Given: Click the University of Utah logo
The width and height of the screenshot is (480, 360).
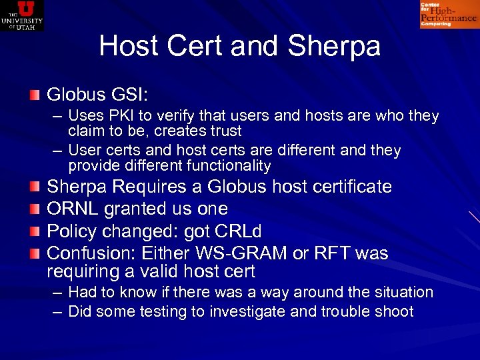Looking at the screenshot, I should coord(22,15).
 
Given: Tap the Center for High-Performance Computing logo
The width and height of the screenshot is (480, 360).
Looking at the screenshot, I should coord(449,14).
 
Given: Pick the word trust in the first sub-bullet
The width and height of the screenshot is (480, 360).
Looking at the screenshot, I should coord(223,131).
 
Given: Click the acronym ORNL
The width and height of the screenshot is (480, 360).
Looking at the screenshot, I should coord(73,209).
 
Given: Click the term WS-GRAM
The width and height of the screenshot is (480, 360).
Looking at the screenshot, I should coord(246,253).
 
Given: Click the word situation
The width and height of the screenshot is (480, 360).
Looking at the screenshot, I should coord(400,292).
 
